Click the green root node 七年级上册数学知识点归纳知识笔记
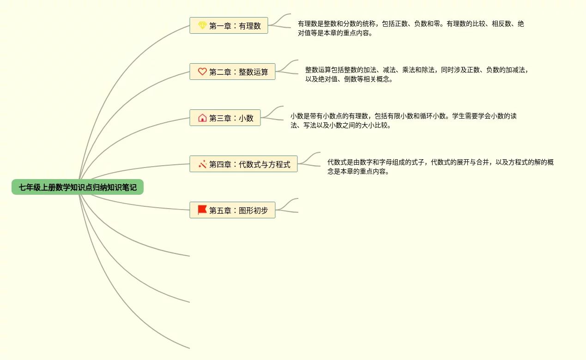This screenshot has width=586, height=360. click(x=78, y=187)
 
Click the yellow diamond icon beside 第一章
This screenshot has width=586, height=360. click(x=202, y=25)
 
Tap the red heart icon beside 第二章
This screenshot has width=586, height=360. click(x=202, y=72)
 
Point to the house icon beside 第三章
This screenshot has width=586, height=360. click(x=202, y=118)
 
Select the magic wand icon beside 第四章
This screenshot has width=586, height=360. click(x=202, y=164)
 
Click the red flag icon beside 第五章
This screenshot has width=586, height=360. click(x=202, y=210)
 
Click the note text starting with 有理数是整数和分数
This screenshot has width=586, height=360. click(x=411, y=28)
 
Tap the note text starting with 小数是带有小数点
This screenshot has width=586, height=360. click(x=404, y=120)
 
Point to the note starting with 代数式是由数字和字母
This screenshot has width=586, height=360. click(x=441, y=167)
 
